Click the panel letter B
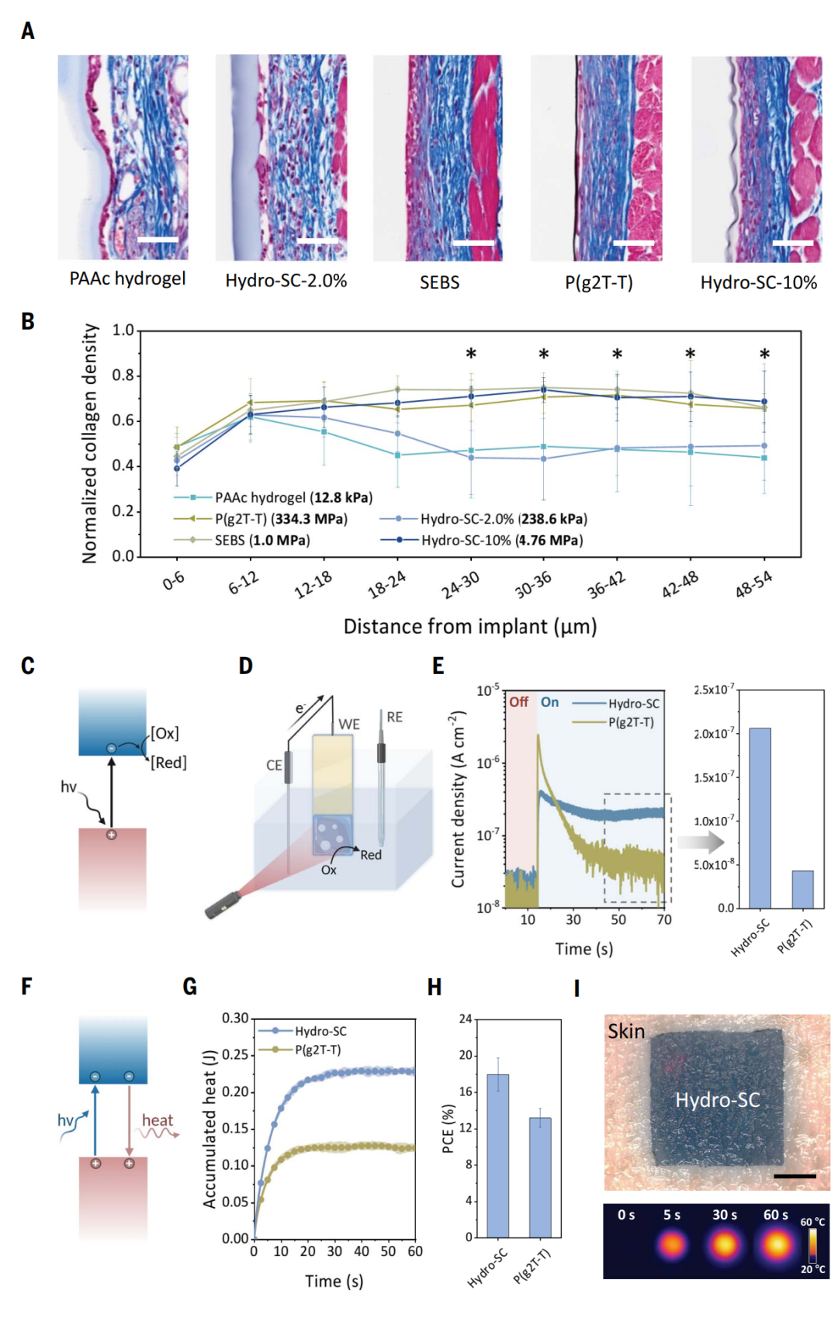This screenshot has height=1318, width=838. [x=28, y=321]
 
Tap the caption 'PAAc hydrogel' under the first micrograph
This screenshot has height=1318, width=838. [x=127, y=278]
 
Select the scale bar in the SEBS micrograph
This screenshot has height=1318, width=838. [x=473, y=244]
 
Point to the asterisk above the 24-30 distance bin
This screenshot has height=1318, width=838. [x=471, y=355]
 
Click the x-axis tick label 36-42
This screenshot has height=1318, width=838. [x=606, y=585]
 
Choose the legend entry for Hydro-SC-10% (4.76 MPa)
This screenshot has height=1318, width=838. [x=501, y=540]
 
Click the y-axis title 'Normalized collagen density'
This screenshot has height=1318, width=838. [x=90, y=443]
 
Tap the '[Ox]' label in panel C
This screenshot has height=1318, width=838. [x=164, y=733]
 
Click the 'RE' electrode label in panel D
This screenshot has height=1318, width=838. [x=394, y=717]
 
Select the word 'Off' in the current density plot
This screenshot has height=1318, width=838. [x=518, y=702]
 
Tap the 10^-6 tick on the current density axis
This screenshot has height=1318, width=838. [x=488, y=763]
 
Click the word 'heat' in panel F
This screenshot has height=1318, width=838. [x=158, y=1120]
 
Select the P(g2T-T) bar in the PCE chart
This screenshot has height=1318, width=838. [x=540, y=1177]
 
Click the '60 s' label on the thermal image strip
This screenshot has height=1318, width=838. [x=775, y=1215]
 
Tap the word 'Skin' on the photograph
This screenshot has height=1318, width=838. [x=626, y=1031]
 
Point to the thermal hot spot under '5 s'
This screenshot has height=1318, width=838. [x=672, y=1246]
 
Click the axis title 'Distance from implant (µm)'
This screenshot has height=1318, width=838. [x=470, y=626]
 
